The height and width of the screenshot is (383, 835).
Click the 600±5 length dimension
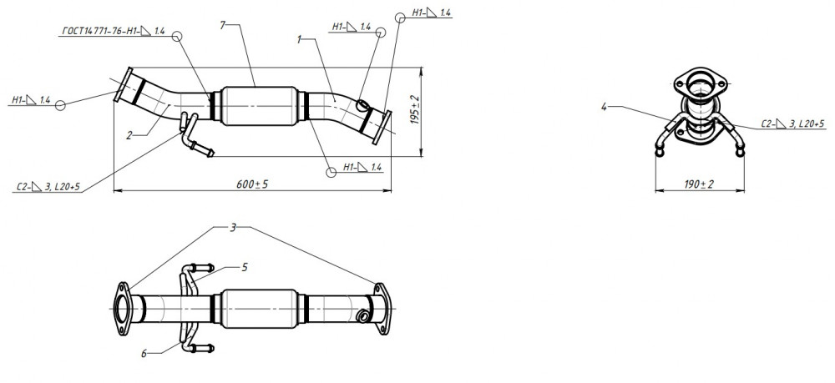coord(252,184)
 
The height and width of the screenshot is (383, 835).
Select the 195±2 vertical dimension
coord(415,110)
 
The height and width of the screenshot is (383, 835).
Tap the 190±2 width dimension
coord(699,184)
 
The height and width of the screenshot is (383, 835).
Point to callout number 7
coord(223,24)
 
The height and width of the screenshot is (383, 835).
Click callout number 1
coord(299,39)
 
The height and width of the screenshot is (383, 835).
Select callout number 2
coord(129,135)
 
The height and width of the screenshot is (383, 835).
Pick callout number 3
coord(233,228)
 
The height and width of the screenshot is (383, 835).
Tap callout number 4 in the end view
coord(604,107)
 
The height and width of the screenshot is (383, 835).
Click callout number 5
coord(245,267)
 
